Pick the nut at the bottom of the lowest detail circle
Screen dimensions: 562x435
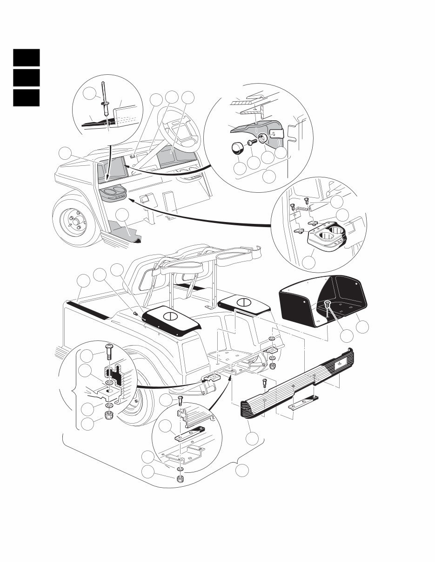pos(180,479)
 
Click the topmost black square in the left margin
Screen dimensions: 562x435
pos(26,58)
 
